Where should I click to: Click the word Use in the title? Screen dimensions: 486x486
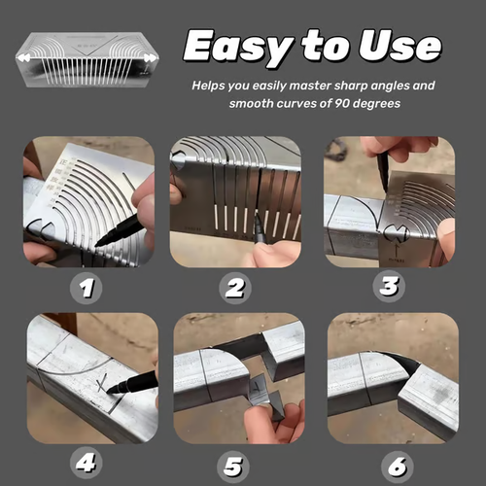coord(401,46)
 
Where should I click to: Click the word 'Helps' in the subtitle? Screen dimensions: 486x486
coord(211,86)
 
